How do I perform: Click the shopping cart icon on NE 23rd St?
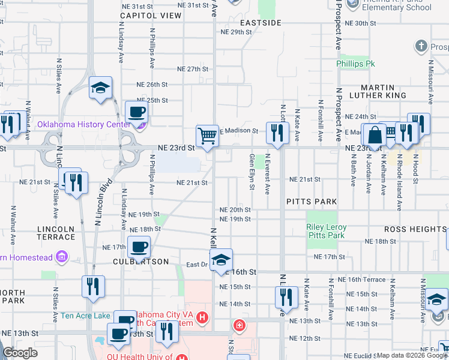point(207,136)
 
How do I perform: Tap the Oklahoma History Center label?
point(84,125)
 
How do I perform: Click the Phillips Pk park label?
point(355,63)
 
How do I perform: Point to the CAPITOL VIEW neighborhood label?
point(151,16)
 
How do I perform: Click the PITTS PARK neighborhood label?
point(312,202)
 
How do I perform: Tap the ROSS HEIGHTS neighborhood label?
point(415,229)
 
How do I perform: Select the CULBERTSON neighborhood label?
point(134,262)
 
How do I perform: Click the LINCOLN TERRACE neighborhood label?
point(56,233)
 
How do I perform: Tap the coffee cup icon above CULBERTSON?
point(139,246)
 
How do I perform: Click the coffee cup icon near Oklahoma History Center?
point(136,111)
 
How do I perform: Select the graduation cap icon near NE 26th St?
point(100,88)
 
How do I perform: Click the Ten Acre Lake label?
point(85,316)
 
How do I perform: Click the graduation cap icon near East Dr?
point(221,260)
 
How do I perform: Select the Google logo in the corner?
point(20,353)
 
